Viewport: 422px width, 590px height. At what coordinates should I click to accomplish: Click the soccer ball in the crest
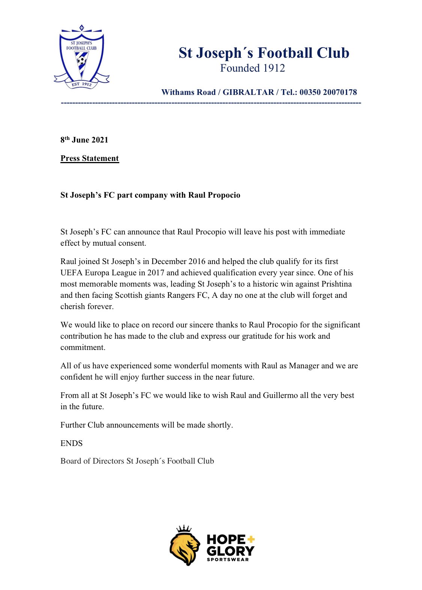pyautogui.click(x=81, y=60)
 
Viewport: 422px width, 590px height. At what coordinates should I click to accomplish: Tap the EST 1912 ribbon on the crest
pyautogui.click(x=81, y=84)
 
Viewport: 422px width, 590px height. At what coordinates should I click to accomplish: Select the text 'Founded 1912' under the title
pyautogui.click(x=252, y=68)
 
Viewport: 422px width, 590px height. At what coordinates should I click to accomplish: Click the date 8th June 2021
pyautogui.click(x=84, y=140)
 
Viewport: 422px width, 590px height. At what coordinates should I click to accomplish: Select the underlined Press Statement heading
pyautogui.click(x=90, y=158)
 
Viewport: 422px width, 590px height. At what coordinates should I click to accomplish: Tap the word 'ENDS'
pyautogui.click(x=71, y=443)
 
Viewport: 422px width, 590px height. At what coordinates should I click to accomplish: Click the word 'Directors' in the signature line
pyautogui.click(x=108, y=461)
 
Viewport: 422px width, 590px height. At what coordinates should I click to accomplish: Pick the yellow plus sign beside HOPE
pyautogui.click(x=251, y=539)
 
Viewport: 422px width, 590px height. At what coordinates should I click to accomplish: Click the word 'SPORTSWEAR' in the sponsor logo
pyautogui.click(x=228, y=560)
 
